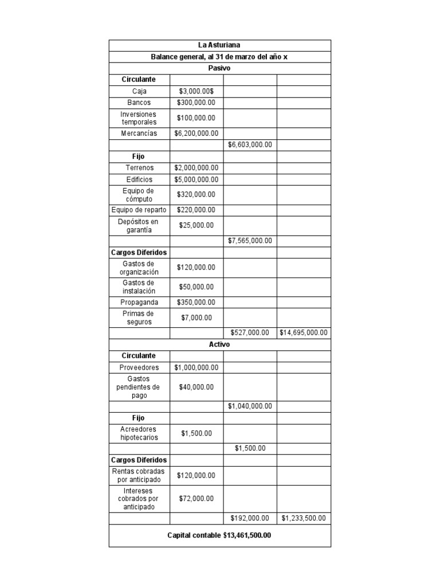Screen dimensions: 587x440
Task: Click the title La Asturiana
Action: point(219,45)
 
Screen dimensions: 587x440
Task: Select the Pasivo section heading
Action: point(219,68)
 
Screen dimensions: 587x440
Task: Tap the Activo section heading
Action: point(219,345)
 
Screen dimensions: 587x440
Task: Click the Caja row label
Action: point(139,91)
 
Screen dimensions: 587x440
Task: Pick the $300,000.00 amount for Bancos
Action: point(197,103)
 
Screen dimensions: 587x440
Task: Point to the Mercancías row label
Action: point(139,134)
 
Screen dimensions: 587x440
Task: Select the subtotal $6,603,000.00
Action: point(250,145)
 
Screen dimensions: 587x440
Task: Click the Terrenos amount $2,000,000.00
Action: point(197,168)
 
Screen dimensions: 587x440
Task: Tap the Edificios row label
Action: point(139,179)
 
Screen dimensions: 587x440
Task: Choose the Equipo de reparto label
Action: point(139,210)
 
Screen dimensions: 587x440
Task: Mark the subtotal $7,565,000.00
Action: point(250,241)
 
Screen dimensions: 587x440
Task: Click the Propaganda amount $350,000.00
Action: point(197,302)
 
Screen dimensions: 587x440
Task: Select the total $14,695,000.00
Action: point(304,332)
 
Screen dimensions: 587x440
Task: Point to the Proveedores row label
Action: point(139,367)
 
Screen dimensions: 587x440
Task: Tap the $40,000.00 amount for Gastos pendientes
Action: point(197,387)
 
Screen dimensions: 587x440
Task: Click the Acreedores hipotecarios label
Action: point(139,433)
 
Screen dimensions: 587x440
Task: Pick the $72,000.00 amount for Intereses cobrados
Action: point(197,499)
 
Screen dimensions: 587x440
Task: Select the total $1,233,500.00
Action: point(304,518)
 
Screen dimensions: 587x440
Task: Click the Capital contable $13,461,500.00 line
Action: point(219,535)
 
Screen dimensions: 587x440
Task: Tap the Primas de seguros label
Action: point(139,318)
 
